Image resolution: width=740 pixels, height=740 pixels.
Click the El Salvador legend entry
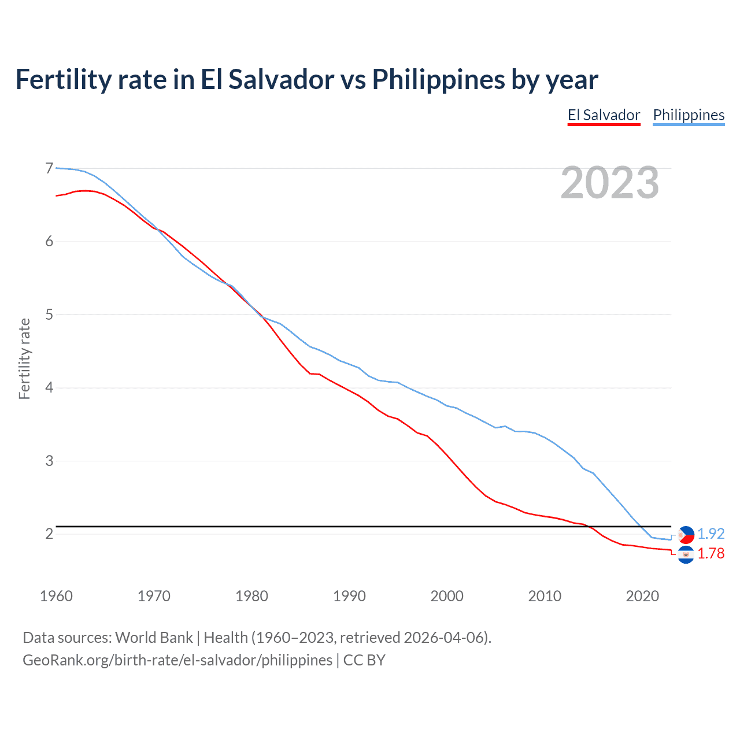point(604,115)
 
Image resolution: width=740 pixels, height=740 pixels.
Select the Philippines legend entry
point(689,115)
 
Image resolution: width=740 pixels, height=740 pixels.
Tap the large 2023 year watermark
point(610,183)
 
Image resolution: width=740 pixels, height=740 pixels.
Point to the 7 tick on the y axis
point(49,168)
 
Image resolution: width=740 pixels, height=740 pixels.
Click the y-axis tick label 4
point(49,387)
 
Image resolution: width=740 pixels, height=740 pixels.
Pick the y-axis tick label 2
point(49,534)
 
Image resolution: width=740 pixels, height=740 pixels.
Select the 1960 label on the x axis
point(56,596)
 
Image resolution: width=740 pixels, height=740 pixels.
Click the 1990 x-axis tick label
point(349,596)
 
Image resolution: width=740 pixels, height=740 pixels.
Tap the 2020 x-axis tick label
point(642,596)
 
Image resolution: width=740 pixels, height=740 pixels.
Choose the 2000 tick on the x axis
point(447,596)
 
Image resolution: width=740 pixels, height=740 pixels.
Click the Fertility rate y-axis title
point(24,358)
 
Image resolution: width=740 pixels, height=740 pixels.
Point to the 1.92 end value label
point(711,534)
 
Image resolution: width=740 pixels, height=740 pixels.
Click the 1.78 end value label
point(711,553)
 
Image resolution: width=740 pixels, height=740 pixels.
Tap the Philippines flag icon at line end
point(686,535)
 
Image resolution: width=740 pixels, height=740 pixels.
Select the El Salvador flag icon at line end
point(686,554)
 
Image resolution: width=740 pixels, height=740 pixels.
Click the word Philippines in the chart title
point(438,79)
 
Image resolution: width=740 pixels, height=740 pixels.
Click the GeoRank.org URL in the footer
point(177,660)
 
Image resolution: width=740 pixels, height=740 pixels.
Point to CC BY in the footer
point(364,660)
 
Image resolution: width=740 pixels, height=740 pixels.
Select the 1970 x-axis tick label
point(154,596)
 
